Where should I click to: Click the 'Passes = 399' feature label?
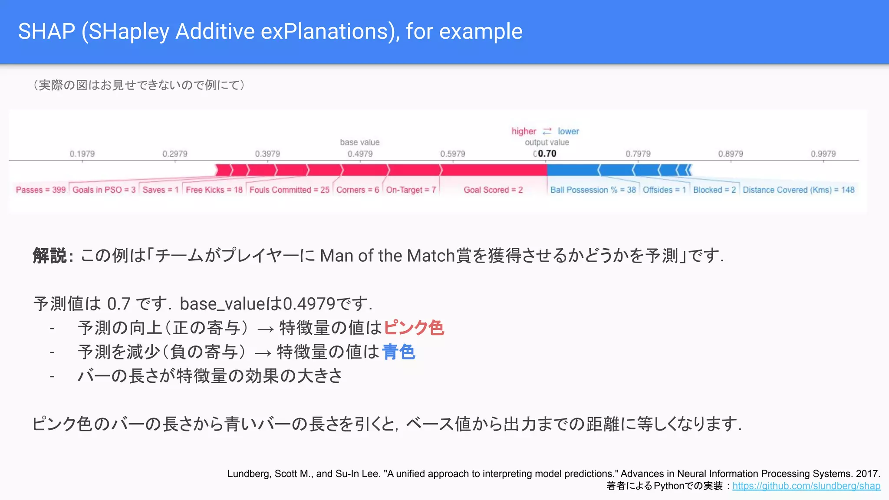(x=41, y=190)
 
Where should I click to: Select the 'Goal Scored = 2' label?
(x=493, y=190)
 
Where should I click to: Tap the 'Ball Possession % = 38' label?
(x=593, y=190)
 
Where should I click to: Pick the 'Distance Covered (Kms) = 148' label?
(x=798, y=190)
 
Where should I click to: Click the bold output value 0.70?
(x=547, y=154)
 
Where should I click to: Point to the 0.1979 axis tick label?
(x=82, y=154)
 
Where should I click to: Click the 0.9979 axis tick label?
(x=823, y=154)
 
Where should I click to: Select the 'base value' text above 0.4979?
(x=359, y=142)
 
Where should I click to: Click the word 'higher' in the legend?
(x=524, y=131)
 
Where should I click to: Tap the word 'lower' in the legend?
(x=568, y=131)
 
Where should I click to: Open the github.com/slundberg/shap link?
(x=806, y=486)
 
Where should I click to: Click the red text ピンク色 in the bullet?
(x=413, y=328)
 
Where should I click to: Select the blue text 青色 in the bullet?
(x=398, y=352)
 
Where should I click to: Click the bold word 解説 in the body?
(x=49, y=256)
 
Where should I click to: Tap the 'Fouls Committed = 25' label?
(x=289, y=190)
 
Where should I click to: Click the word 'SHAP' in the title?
(x=46, y=32)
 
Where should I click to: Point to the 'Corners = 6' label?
(x=358, y=190)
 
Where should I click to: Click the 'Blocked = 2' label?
(x=714, y=190)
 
